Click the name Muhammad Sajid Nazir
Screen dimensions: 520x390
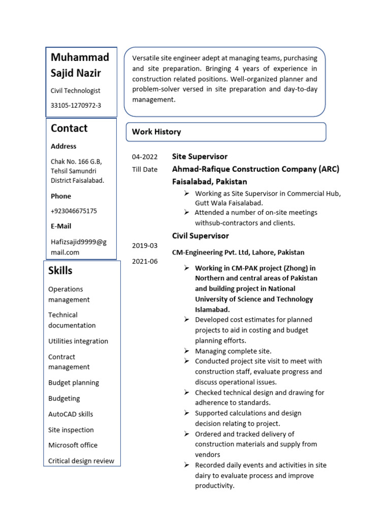80,65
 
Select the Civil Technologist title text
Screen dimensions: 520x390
75,90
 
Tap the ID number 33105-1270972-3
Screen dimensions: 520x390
76,106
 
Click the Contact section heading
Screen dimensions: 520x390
69,128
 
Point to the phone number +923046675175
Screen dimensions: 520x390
74,211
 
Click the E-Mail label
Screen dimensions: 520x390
61,226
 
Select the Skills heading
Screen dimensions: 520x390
60,271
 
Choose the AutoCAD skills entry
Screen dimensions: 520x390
71,414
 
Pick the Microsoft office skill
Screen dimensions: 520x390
73,445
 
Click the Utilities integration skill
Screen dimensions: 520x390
78,341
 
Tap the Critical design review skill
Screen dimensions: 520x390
81,461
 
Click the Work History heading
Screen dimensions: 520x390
156,132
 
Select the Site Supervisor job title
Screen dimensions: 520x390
200,156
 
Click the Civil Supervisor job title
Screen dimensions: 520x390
201,236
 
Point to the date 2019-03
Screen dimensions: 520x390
145,245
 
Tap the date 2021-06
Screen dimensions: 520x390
145,261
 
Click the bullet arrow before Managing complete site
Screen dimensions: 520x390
186,351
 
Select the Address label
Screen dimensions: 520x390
63,146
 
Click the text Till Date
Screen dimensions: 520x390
145,169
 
